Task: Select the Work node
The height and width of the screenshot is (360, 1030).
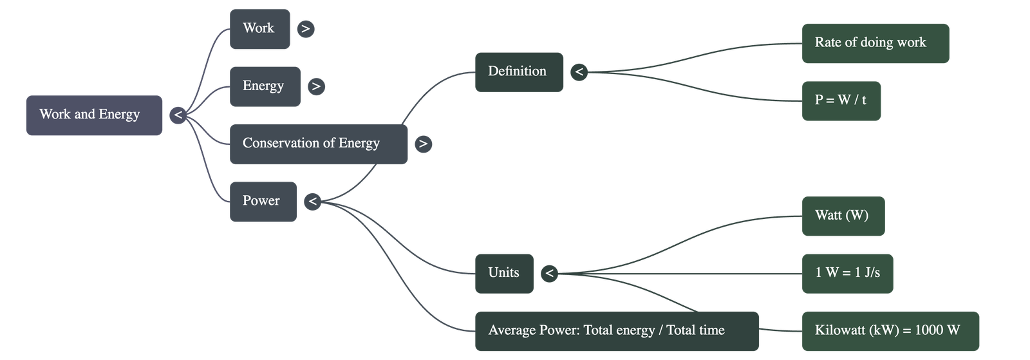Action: click(259, 29)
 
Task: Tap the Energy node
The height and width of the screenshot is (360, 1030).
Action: click(265, 86)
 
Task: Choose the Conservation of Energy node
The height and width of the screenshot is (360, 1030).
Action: click(318, 144)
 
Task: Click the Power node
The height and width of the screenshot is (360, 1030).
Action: click(263, 202)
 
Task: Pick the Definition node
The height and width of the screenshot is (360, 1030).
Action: click(518, 72)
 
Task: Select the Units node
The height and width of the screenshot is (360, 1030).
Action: click(503, 273)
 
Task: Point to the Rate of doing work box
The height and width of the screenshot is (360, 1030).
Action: click(875, 43)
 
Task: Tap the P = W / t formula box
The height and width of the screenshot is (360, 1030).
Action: click(841, 100)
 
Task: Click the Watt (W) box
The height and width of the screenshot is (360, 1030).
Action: click(843, 216)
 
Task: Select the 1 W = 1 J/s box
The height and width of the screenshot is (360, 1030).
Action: click(847, 273)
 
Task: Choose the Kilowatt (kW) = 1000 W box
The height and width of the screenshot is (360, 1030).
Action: click(890, 331)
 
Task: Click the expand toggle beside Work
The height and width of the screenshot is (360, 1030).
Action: click(306, 29)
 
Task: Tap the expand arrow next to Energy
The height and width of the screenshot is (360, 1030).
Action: click(316, 86)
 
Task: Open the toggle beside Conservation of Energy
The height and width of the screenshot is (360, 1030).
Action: click(423, 144)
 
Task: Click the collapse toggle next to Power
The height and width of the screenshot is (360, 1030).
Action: click(312, 202)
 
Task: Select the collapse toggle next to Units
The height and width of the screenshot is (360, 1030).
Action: click(549, 273)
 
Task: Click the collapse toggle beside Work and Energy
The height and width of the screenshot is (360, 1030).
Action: click(178, 115)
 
